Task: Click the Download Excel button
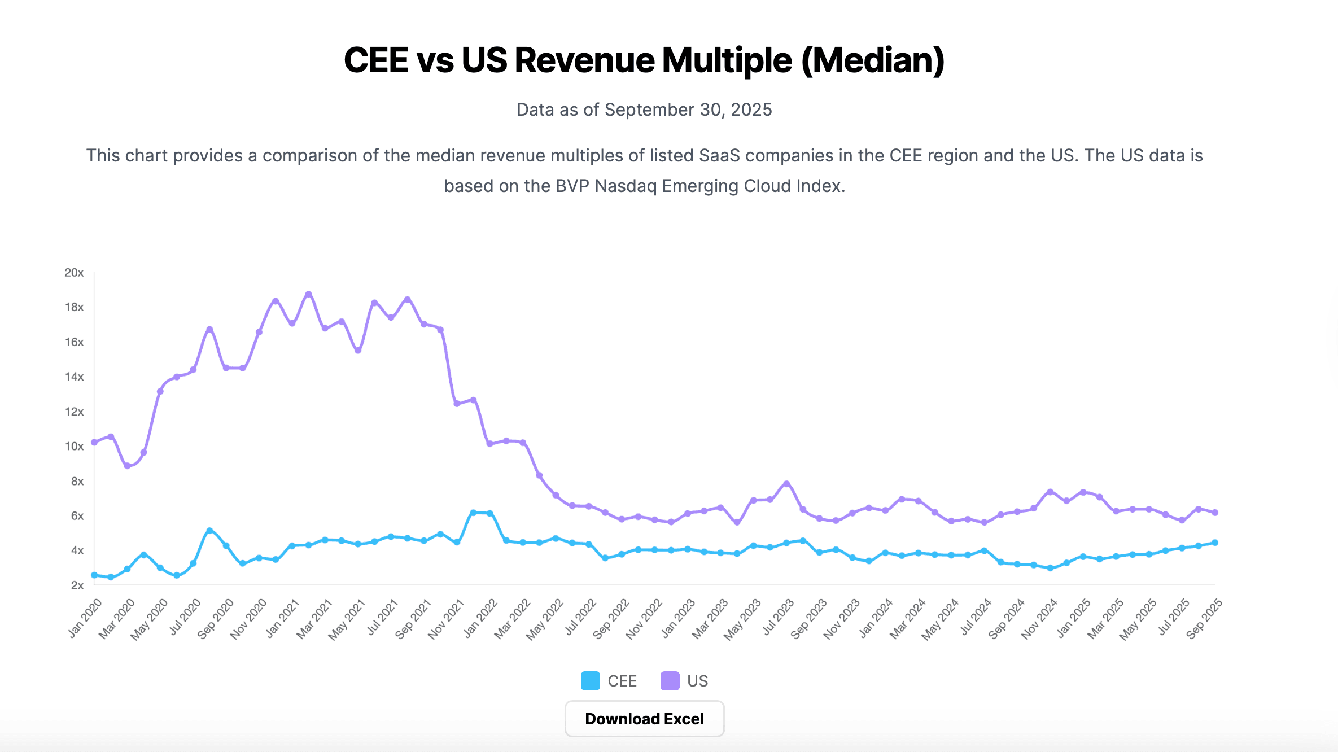[644, 719]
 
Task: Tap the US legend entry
[684, 681]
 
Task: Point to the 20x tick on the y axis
[74, 273]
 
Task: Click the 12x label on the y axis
[74, 412]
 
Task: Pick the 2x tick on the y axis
[77, 585]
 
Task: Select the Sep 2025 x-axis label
[1204, 618]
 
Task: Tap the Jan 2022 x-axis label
[481, 618]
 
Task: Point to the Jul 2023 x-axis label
[778, 618]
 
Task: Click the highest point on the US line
[308, 294]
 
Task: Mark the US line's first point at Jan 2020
[94, 442]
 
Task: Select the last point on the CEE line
[1215, 543]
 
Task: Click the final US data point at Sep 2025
[1215, 513]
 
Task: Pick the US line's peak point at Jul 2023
[786, 484]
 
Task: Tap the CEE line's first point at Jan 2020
[94, 575]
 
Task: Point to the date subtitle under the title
[644, 110]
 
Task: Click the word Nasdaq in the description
[626, 186]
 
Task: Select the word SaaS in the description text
[719, 155]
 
